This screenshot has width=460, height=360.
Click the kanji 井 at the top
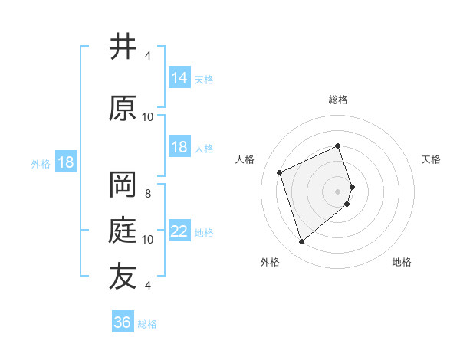(x=123, y=47)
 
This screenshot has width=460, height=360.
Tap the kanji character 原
(x=123, y=108)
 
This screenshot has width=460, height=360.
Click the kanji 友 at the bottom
(x=123, y=277)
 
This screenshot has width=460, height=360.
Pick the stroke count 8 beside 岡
(x=148, y=194)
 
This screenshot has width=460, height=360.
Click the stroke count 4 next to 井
(x=148, y=56)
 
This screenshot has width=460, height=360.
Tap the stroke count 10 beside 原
(x=148, y=116)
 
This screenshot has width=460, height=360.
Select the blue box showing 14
(x=179, y=78)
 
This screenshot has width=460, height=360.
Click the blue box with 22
(x=179, y=231)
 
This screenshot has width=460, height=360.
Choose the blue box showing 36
(x=123, y=322)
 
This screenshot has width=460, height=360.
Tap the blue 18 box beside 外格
(x=65, y=163)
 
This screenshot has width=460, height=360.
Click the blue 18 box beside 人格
(x=179, y=147)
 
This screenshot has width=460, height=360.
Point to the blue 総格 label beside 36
(x=147, y=324)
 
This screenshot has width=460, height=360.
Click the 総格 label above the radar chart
(x=338, y=100)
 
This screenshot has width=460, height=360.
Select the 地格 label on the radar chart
(x=402, y=262)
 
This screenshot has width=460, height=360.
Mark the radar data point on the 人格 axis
(x=280, y=172)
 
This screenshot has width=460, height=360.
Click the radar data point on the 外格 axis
(x=302, y=242)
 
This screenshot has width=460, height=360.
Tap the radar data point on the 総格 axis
(x=338, y=146)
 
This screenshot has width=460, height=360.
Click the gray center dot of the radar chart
(x=338, y=191)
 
